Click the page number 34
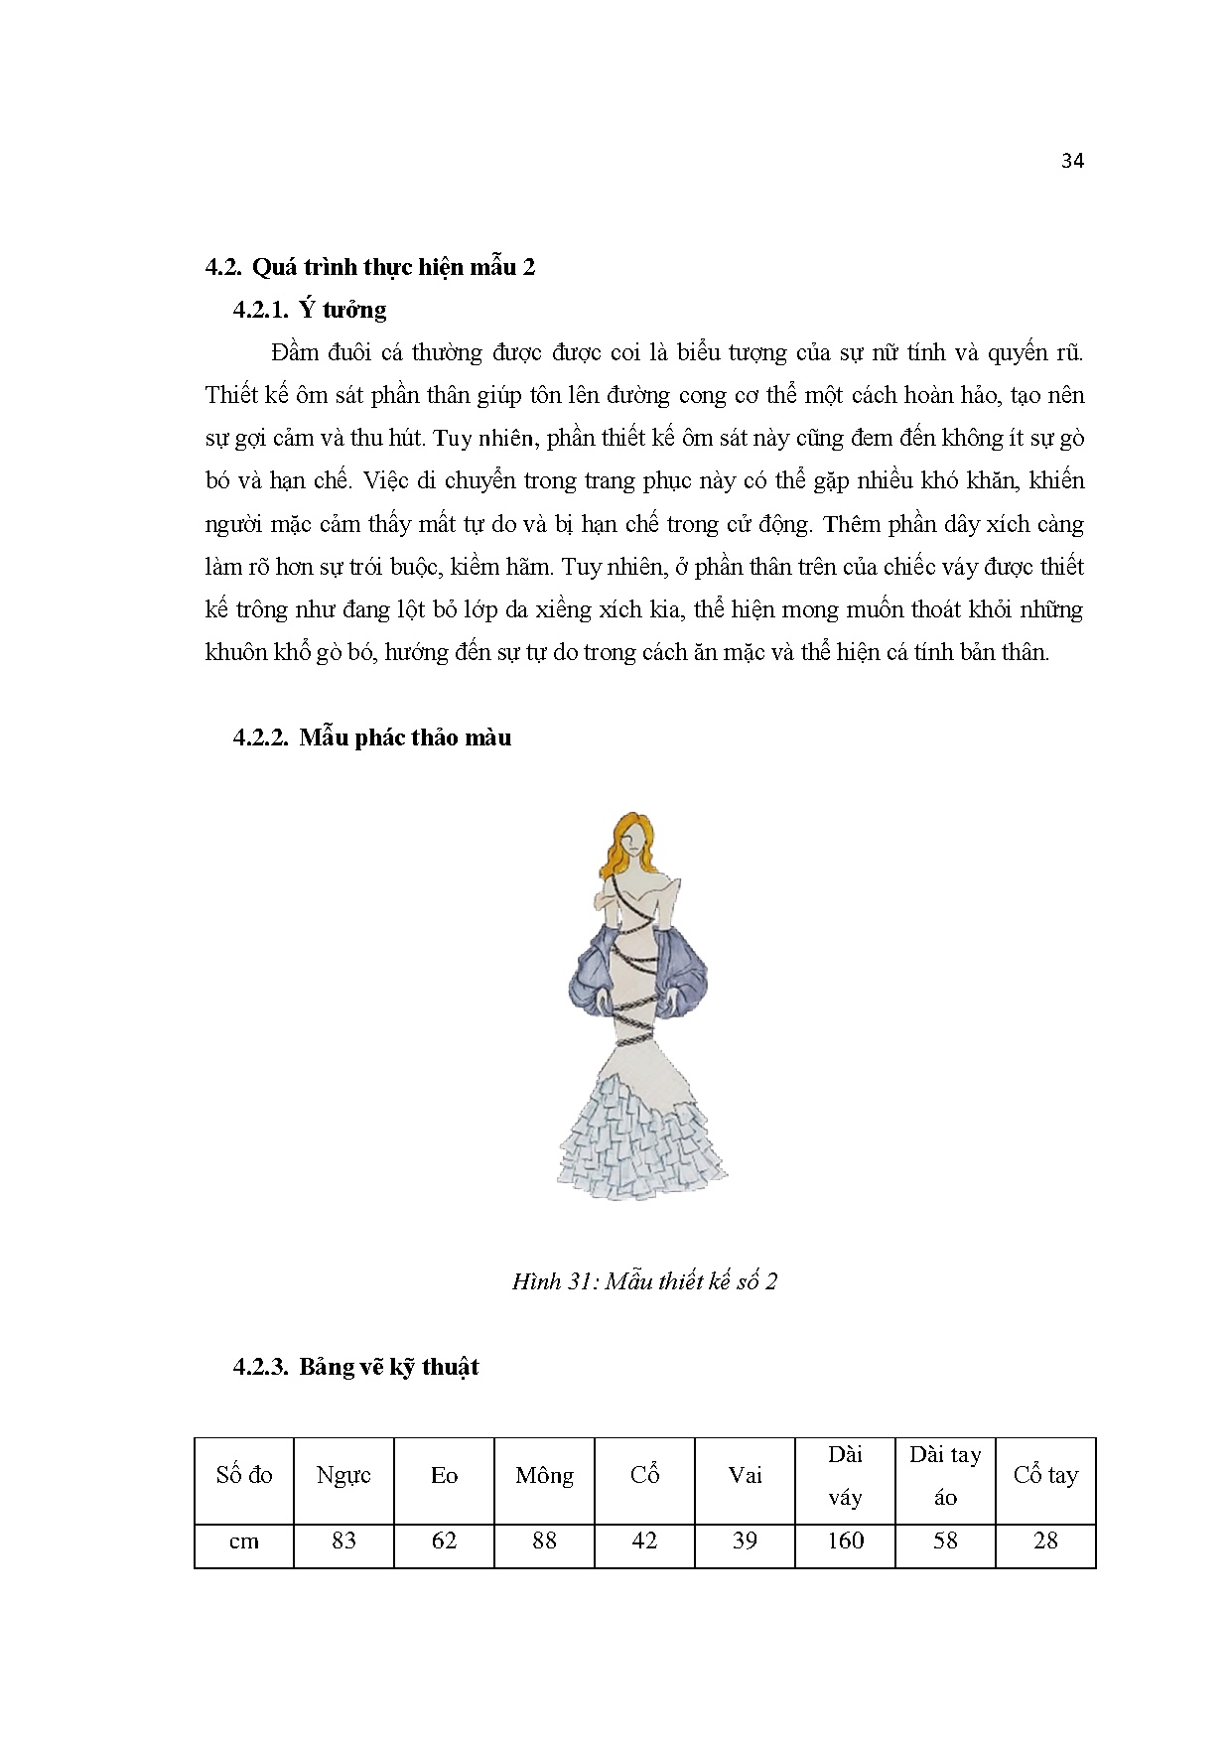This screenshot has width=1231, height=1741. click(1071, 162)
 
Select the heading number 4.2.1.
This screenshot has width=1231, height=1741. click(260, 310)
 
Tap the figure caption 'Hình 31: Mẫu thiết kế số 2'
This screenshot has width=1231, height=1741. click(644, 1281)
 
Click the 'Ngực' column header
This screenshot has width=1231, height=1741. click(343, 1475)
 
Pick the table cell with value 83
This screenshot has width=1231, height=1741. click(343, 1540)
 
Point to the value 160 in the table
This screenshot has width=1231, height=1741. click(845, 1540)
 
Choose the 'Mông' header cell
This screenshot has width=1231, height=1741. click(544, 1475)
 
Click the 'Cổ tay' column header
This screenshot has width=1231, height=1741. click(1045, 1475)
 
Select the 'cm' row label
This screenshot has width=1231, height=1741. click(244, 1540)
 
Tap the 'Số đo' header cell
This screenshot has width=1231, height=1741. click(244, 1475)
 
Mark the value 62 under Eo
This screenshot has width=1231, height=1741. click(444, 1540)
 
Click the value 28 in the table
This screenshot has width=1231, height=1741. click(1045, 1540)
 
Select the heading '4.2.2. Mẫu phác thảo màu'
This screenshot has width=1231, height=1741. click(372, 737)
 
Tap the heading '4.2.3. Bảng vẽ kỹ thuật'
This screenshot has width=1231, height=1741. click(355, 1367)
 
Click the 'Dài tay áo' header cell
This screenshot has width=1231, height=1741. click(945, 1475)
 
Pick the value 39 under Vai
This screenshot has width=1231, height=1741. click(745, 1540)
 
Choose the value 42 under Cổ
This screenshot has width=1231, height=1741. click(644, 1540)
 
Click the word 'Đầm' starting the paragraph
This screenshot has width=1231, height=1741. click(293, 353)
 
